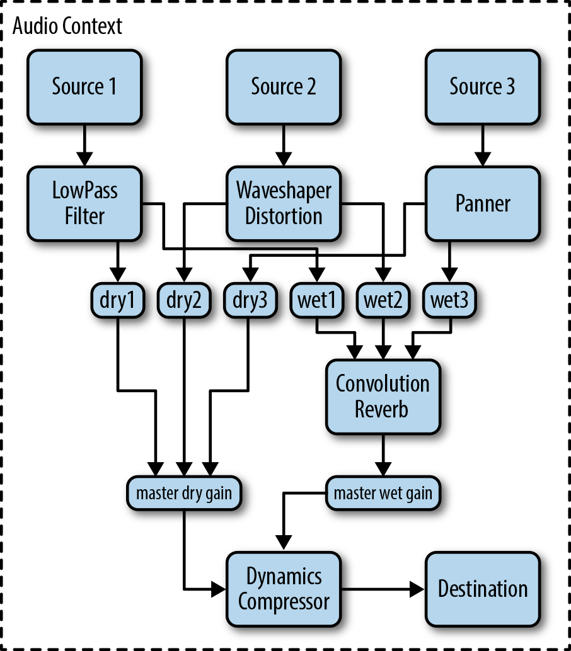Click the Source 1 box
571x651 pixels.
[x=84, y=86]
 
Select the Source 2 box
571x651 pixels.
[x=283, y=86]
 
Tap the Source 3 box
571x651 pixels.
[x=482, y=86]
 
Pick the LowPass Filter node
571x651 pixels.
[x=84, y=203]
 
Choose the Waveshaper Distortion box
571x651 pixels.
[x=283, y=203]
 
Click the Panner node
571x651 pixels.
[x=482, y=203]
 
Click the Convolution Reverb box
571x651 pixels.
[x=383, y=396]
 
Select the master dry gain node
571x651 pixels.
[x=184, y=494]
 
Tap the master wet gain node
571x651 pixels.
[x=383, y=494]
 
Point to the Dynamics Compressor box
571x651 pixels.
[x=283, y=589]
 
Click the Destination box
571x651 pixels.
[x=482, y=589]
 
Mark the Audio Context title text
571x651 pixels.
[x=67, y=26]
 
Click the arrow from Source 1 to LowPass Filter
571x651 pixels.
[x=84, y=145]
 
